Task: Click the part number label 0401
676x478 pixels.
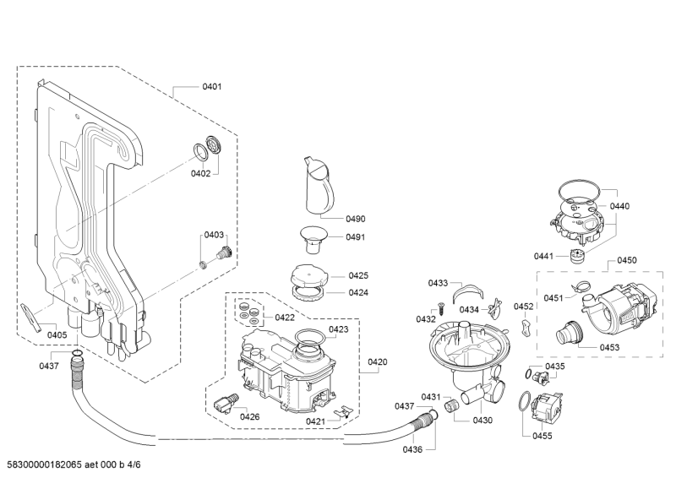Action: [x=212, y=87]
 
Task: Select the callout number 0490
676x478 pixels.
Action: [x=355, y=219]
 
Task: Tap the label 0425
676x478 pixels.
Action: [x=358, y=275]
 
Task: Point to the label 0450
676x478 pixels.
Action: [x=627, y=261]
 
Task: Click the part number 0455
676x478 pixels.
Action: [x=542, y=436]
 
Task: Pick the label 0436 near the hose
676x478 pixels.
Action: [x=412, y=449]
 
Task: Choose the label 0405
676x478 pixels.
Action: [x=57, y=335]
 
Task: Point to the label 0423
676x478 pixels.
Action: [x=338, y=329]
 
